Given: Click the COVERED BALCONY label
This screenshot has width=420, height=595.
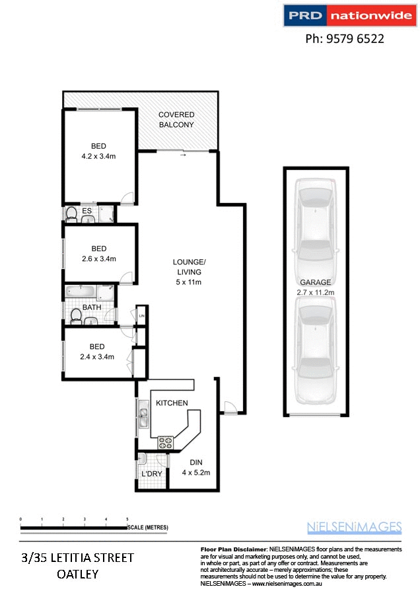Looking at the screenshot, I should (x=176, y=120).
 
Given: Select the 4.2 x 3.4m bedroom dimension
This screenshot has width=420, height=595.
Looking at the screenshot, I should (x=98, y=157).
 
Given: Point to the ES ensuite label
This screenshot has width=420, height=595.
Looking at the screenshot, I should (x=87, y=211).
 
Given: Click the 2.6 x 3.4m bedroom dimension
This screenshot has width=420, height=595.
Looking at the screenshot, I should (x=98, y=258).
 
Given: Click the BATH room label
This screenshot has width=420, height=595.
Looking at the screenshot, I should (x=92, y=307).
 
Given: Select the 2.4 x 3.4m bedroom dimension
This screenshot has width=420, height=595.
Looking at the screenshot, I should (x=97, y=356).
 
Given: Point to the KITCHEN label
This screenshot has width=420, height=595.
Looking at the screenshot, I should (x=172, y=403).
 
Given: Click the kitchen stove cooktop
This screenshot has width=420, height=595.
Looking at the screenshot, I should (x=164, y=441).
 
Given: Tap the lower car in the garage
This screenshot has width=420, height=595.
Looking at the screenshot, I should (x=315, y=350).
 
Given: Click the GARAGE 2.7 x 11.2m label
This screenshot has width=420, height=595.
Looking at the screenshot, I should (x=316, y=287).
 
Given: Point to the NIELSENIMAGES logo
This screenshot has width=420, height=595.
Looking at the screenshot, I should (x=354, y=527).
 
